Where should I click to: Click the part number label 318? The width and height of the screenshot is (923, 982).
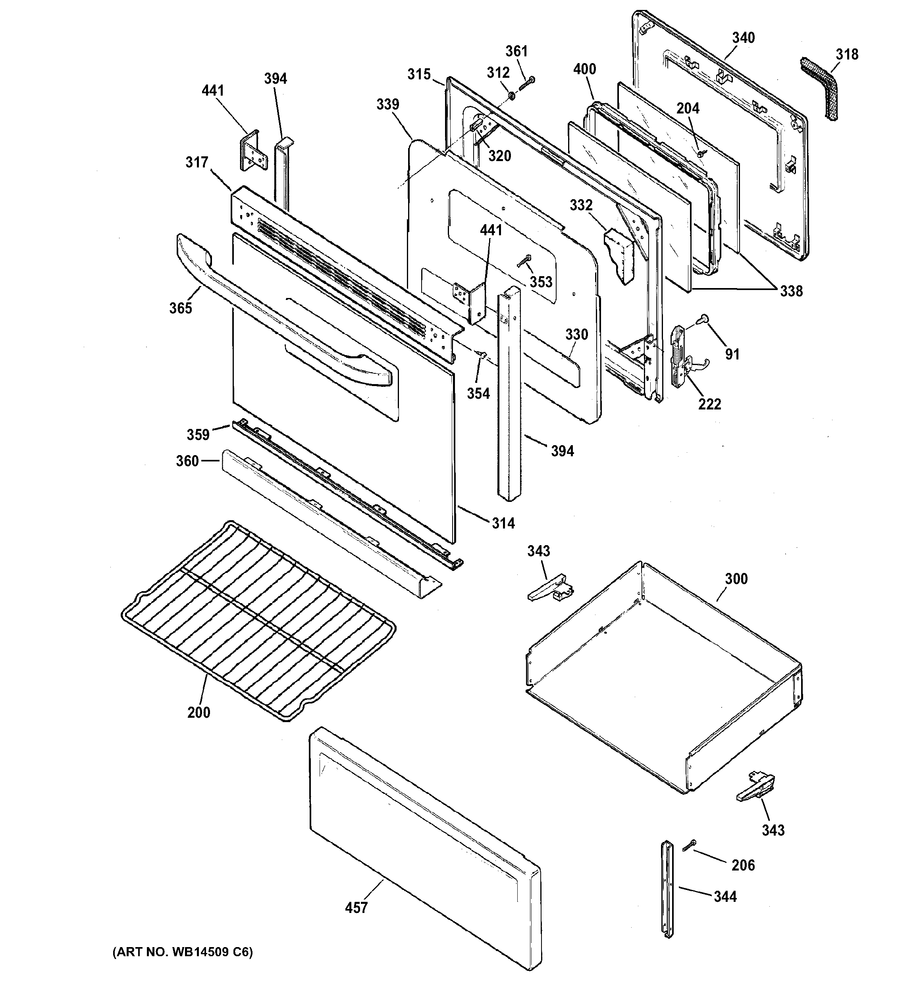[x=847, y=54]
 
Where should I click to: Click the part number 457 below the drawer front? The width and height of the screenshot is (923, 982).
[x=356, y=907]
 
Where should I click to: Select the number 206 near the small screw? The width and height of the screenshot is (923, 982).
[x=743, y=865]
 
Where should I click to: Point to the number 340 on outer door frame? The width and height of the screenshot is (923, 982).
[x=743, y=38]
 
